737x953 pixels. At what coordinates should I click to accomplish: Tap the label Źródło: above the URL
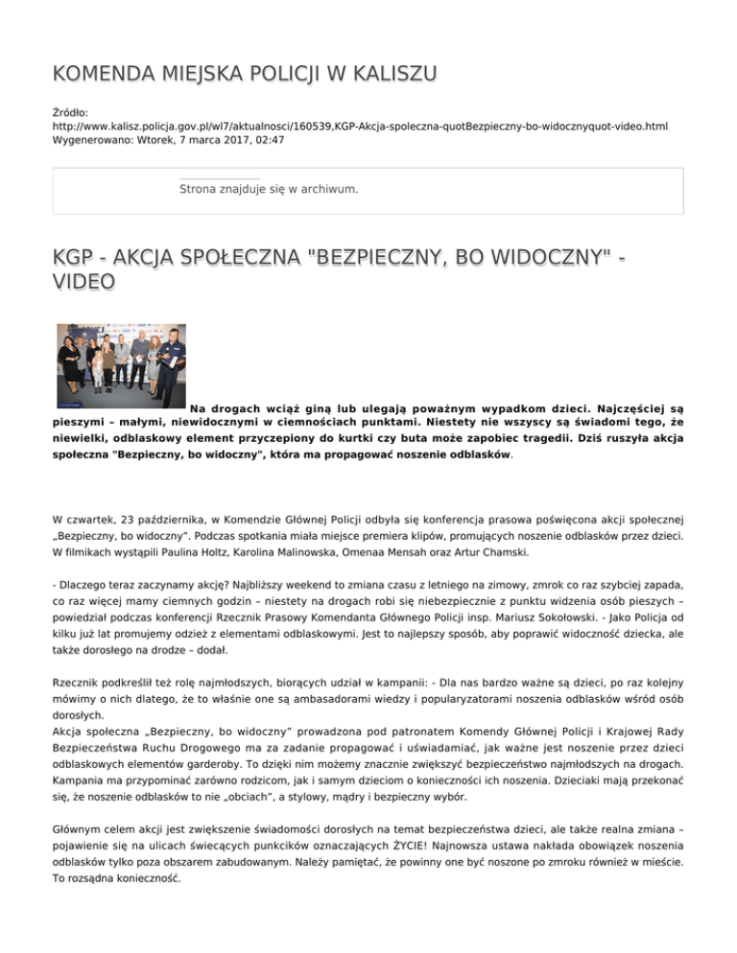tap(71, 112)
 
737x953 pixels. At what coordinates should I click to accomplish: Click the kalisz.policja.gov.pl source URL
tap(360, 126)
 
